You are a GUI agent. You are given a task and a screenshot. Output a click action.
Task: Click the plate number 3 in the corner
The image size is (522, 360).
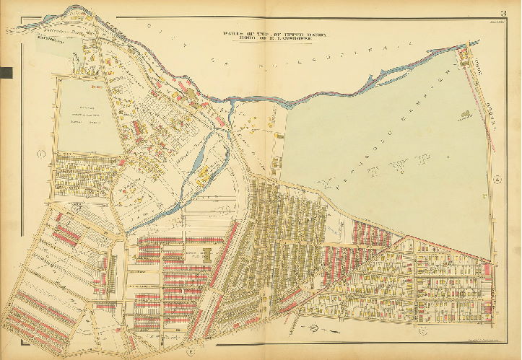[x=502, y=12]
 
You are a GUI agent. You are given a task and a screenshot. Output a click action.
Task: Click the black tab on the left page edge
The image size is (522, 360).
[x=7, y=71]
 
